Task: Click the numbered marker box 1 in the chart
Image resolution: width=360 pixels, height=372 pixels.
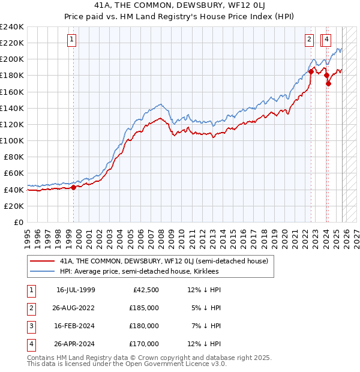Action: coord(71,40)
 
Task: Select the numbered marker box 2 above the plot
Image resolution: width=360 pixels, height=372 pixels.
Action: coord(309,40)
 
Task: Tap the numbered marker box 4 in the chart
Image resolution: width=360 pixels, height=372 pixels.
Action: coord(326,40)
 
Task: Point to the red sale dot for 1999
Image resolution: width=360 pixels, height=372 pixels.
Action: coord(73,187)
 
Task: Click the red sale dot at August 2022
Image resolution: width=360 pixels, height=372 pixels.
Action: coord(311,71)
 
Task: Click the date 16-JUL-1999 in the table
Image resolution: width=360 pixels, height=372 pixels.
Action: coord(76,290)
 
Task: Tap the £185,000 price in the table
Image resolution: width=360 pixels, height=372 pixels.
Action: coord(143,308)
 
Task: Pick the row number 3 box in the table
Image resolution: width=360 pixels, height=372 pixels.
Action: coord(30,326)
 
